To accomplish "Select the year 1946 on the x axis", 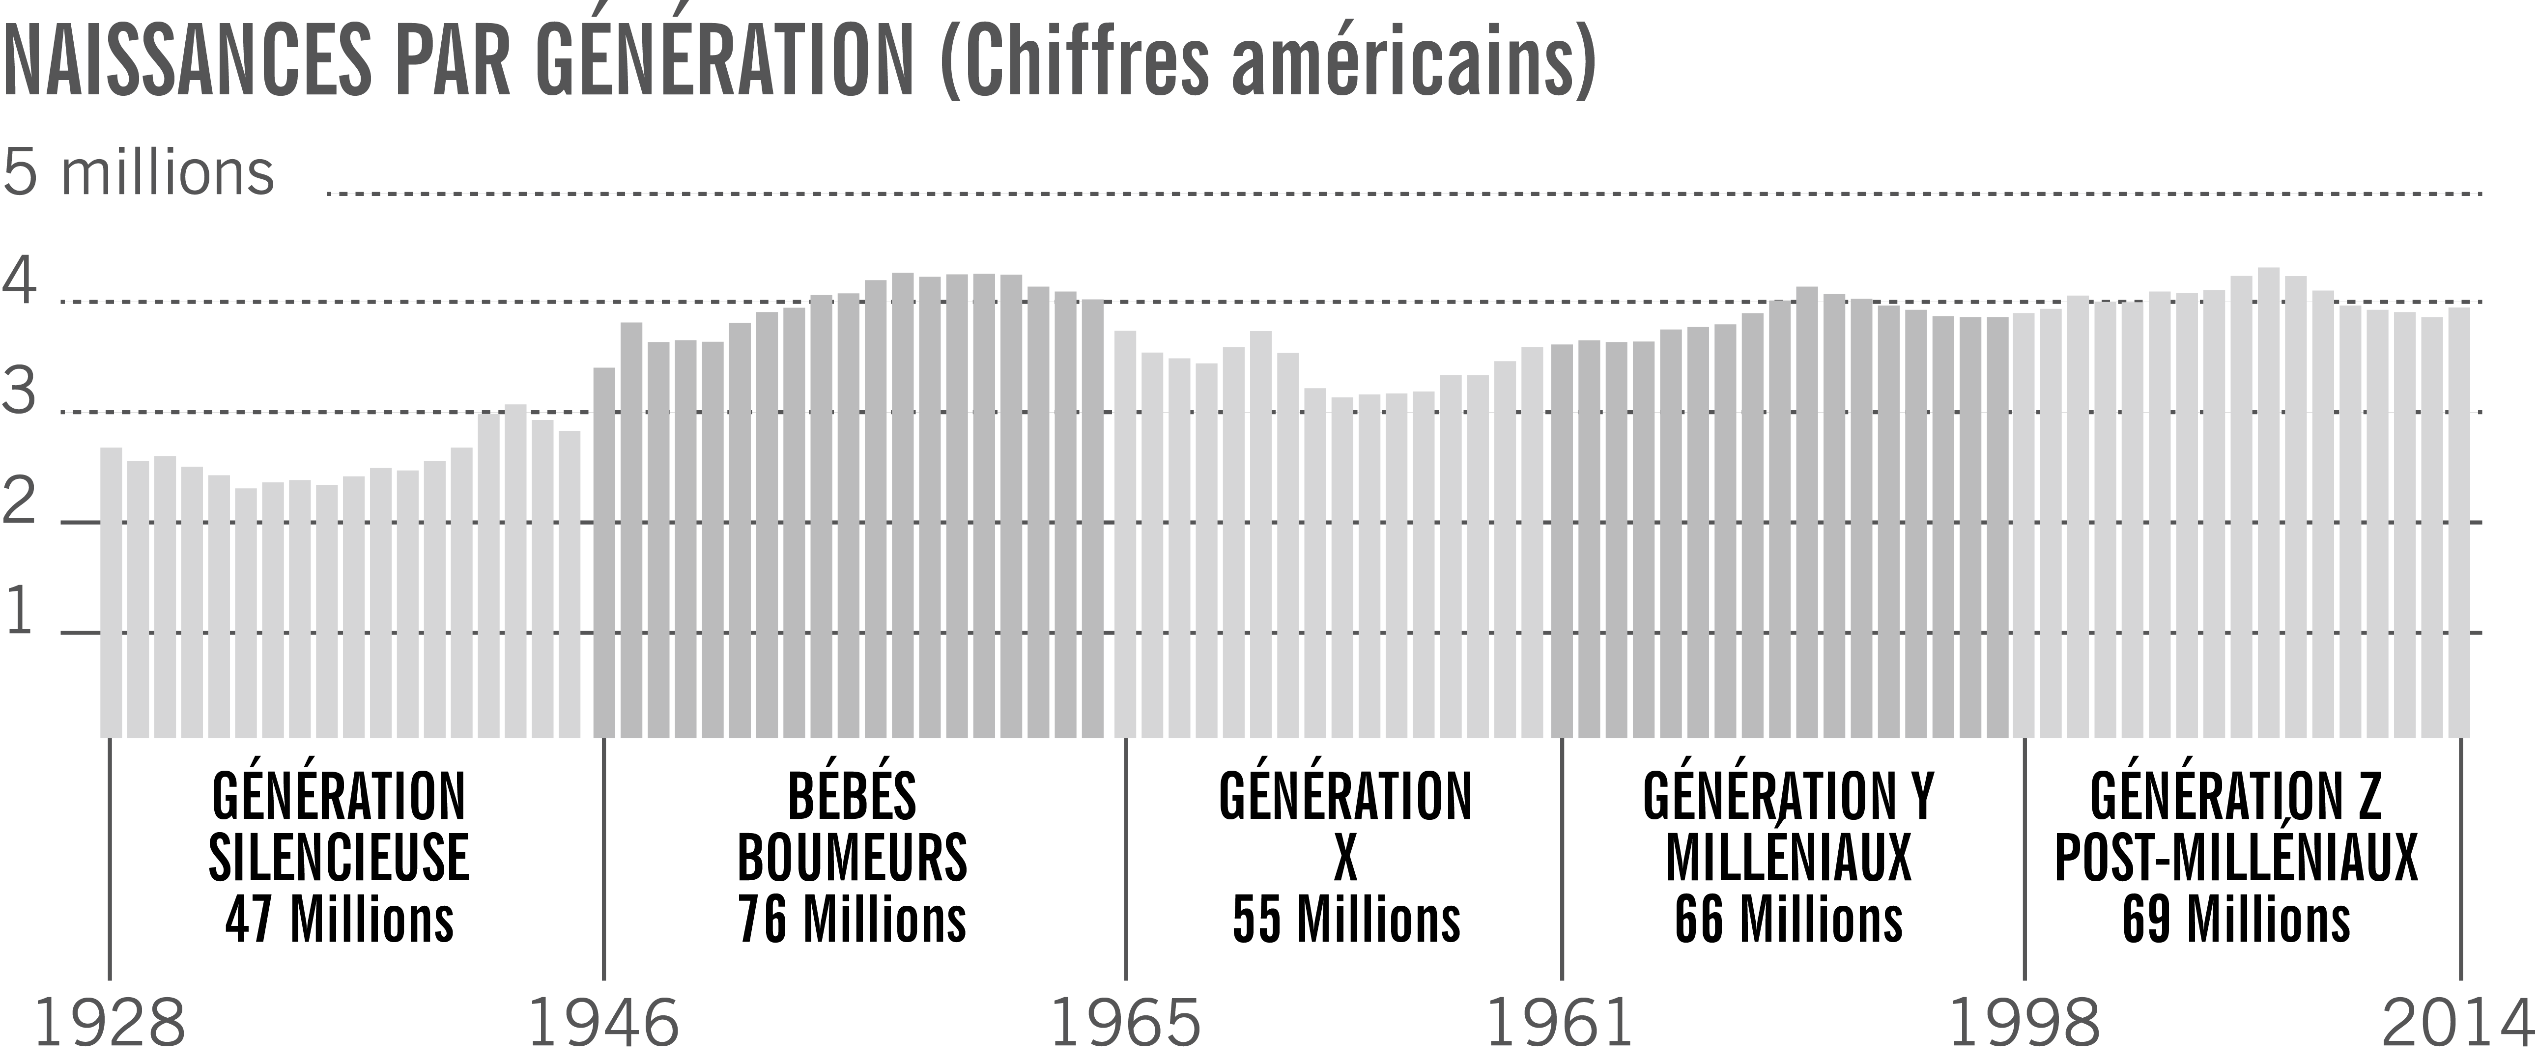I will point(604,1025).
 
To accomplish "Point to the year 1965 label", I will point(1126,1025).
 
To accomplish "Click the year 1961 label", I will point(1560,1025).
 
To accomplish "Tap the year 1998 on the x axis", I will point(2025,1025).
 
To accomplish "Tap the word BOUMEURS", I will point(852,858).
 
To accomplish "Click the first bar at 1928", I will point(112,591).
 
